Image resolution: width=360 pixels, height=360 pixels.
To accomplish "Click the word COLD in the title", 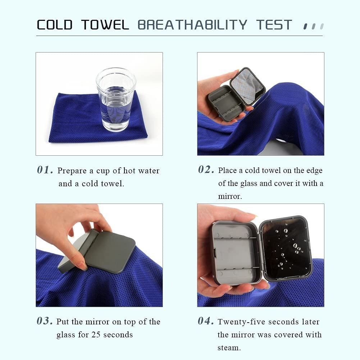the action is click(55, 25).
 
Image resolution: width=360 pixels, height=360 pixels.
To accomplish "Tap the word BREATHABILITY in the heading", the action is click(192, 25).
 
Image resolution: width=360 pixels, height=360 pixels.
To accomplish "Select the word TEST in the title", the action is click(274, 25).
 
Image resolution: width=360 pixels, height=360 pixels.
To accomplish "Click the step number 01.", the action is click(45, 170).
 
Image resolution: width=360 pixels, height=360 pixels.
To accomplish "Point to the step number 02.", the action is click(206, 170).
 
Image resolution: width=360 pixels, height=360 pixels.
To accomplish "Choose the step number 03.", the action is click(45, 321).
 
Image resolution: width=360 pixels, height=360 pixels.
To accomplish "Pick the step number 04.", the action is click(206, 321).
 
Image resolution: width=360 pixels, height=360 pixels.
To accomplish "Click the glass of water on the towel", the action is click(116, 99).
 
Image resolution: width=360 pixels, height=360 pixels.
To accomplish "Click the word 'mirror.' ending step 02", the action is click(230, 196).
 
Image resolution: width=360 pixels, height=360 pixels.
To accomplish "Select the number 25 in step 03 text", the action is click(96, 334).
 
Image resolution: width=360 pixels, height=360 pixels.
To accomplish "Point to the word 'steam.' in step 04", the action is click(229, 348).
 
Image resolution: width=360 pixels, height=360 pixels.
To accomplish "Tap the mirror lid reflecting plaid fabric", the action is click(247, 86).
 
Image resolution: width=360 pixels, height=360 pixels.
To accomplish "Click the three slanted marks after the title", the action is click(313, 26).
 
